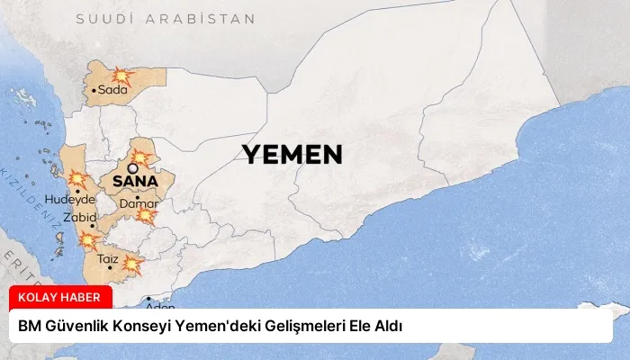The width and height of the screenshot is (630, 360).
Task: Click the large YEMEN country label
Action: (x=292, y=155)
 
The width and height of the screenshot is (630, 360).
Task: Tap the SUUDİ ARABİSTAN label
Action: (x=166, y=18)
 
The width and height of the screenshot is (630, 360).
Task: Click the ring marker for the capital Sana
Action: (x=133, y=167)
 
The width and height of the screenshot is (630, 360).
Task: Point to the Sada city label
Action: (x=112, y=90)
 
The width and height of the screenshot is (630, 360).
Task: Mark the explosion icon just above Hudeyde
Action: (x=77, y=178)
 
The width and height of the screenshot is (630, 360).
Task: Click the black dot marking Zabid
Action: (x=93, y=226)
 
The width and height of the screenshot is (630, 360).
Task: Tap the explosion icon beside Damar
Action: (x=145, y=215)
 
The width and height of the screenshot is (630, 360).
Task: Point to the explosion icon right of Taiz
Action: (x=132, y=264)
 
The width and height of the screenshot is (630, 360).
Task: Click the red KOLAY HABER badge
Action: (x=60, y=298)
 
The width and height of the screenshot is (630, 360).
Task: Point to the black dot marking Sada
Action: (x=94, y=90)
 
